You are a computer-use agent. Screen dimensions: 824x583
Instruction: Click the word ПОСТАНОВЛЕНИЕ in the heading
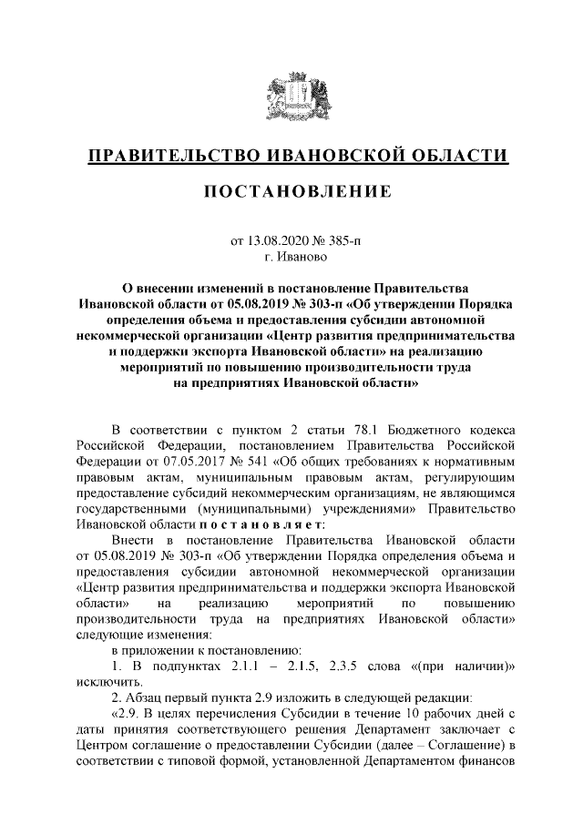click(x=291, y=192)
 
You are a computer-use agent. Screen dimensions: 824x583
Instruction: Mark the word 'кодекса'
click(x=493, y=428)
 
